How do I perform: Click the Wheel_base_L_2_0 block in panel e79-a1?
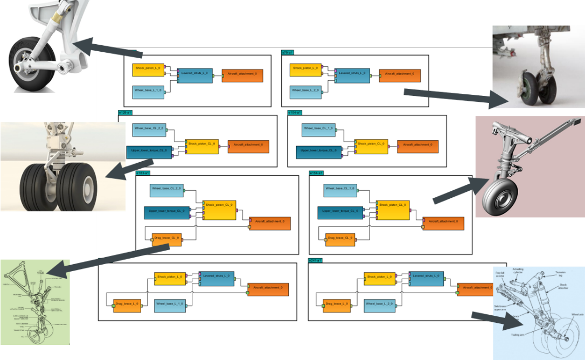click(305, 91)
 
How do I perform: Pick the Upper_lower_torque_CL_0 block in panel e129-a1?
click(149, 151)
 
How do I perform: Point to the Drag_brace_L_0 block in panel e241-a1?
click(338, 305)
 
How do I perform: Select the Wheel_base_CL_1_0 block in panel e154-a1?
click(340, 190)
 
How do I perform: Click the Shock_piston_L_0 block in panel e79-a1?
click(305, 69)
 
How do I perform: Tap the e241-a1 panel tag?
click(315, 260)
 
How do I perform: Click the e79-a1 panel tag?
click(288, 53)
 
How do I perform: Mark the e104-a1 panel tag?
click(295, 113)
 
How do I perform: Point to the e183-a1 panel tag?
click(143, 172)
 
